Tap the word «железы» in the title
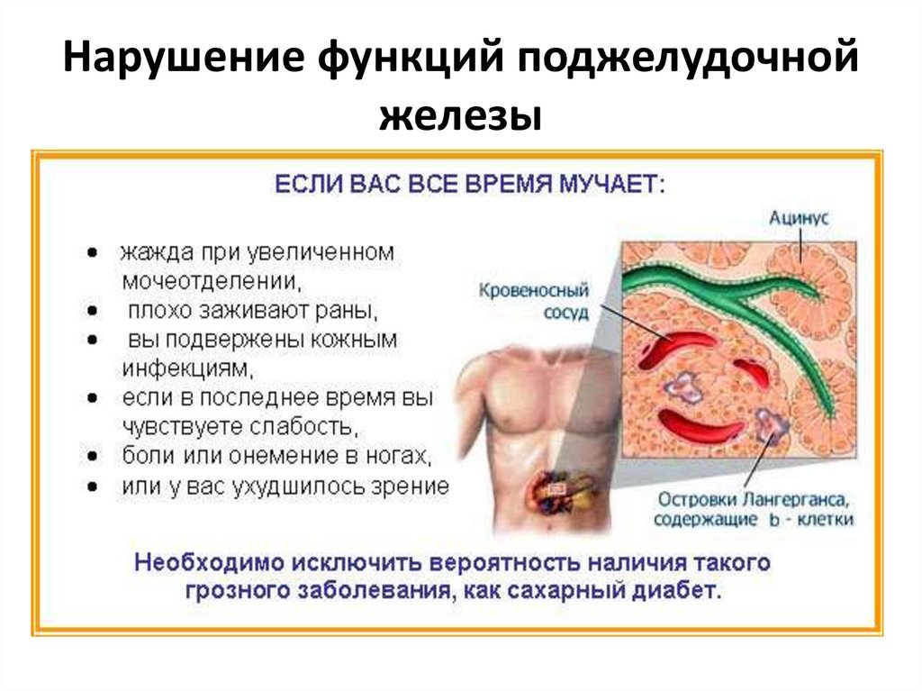click(460, 118)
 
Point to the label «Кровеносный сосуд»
click(533, 301)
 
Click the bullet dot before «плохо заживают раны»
click(93, 311)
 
